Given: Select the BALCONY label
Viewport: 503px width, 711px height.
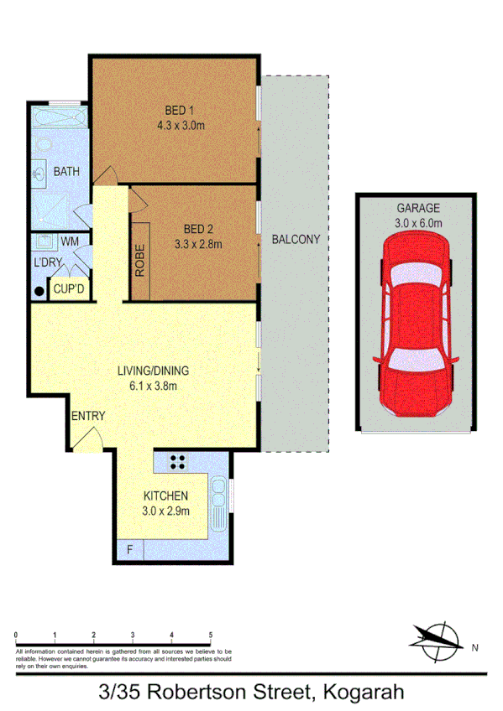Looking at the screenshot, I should pyautogui.click(x=296, y=240).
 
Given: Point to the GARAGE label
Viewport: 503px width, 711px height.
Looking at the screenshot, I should pyautogui.click(x=417, y=209).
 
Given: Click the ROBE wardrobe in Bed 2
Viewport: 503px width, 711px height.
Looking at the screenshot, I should pyautogui.click(x=140, y=260).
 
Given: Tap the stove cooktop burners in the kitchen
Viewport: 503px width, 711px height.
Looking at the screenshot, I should pyautogui.click(x=178, y=460).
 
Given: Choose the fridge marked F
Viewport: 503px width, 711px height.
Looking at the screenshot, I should pyautogui.click(x=130, y=551).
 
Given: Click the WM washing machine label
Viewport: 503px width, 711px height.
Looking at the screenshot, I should pyautogui.click(x=71, y=241).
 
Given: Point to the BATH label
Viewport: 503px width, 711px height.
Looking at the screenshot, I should pyautogui.click(x=66, y=172).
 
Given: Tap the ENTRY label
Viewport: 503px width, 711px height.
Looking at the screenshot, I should pyautogui.click(x=88, y=417).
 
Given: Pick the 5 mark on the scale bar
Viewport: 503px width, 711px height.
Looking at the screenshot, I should pyautogui.click(x=210, y=635).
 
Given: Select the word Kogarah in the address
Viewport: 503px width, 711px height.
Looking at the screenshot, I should pyautogui.click(x=359, y=692).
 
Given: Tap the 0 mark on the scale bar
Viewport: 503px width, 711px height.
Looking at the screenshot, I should pyautogui.click(x=16, y=635).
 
